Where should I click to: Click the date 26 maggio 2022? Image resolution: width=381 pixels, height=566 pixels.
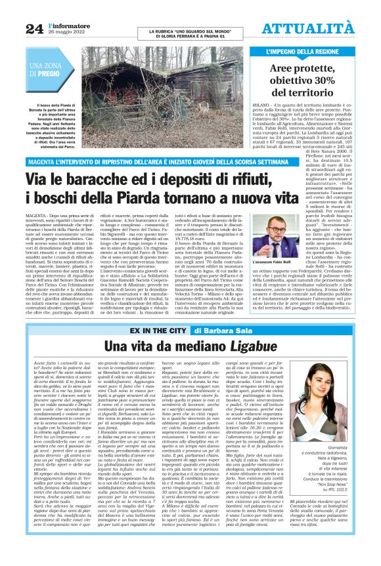68,32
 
